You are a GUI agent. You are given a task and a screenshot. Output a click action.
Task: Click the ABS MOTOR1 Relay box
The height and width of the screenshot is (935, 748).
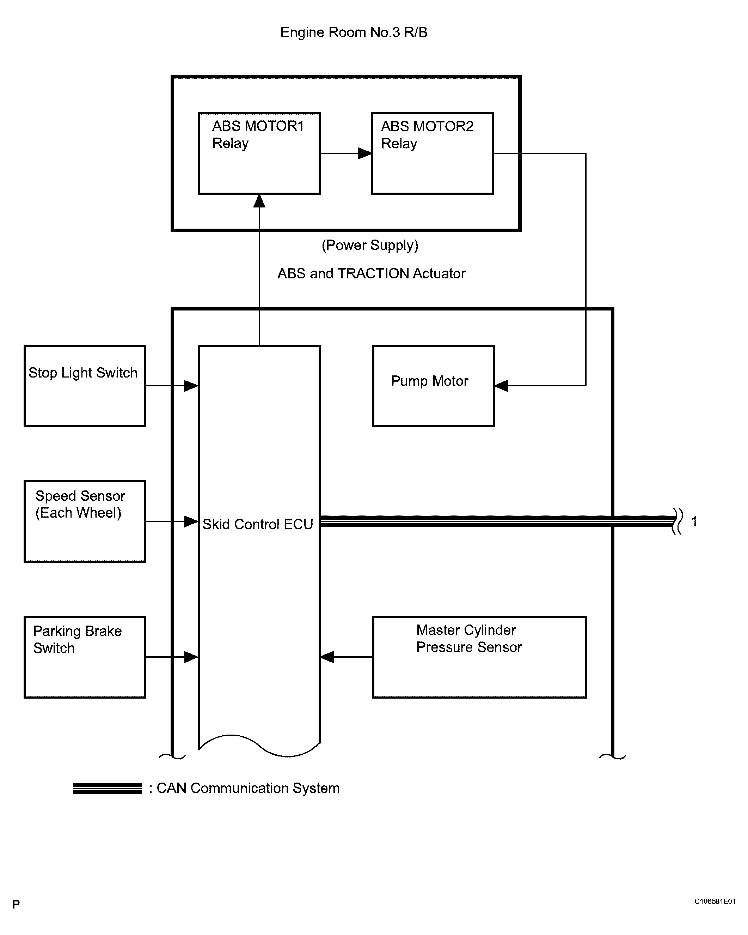[259, 153]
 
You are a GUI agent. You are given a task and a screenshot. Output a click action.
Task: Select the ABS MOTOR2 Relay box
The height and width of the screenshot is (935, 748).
[433, 153]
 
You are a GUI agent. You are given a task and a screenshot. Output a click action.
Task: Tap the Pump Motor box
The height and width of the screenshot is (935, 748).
[433, 386]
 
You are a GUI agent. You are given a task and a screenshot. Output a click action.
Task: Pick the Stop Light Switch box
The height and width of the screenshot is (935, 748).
[85, 386]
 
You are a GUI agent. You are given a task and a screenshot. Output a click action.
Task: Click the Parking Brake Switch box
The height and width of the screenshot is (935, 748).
[85, 657]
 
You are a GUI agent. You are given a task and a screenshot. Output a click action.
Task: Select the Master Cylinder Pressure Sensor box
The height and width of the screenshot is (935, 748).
[479, 657]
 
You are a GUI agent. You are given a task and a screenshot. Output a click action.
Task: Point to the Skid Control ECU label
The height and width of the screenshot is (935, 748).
[258, 524]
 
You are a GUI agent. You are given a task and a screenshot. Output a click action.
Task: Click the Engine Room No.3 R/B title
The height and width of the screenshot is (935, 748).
[354, 32]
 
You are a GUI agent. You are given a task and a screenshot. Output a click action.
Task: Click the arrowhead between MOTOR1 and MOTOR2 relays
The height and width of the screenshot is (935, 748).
[365, 153]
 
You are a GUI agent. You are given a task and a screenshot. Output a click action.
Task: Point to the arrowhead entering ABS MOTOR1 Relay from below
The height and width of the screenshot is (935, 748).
[259, 201]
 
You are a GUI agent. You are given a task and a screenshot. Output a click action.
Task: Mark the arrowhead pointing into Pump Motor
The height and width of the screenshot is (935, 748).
[501, 386]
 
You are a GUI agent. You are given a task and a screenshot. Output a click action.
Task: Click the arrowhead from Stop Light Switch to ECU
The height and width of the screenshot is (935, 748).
[191, 386]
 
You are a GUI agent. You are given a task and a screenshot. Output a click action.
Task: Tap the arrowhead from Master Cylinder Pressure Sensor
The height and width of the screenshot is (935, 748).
[327, 657]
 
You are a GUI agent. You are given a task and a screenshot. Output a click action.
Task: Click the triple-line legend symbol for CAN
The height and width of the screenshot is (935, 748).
[107, 789]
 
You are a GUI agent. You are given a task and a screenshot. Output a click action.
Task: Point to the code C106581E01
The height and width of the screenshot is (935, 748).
[715, 901]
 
